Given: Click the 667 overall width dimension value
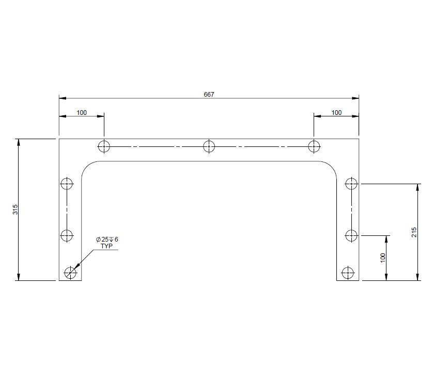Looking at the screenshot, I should pyautogui.click(x=209, y=94).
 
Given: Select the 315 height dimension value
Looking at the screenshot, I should pyautogui.click(x=15, y=210).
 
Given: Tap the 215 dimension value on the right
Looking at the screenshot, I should pyautogui.click(x=414, y=232).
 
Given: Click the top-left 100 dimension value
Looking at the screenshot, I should pyautogui.click(x=82, y=112).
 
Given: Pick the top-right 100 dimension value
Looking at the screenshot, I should pyautogui.click(x=336, y=112).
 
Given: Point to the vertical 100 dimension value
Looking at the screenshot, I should pyautogui.click(x=383, y=257).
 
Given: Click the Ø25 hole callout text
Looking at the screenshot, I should pyautogui.click(x=107, y=240).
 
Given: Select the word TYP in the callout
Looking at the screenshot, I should pyautogui.click(x=106, y=246).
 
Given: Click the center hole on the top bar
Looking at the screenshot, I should pyautogui.click(x=209, y=146).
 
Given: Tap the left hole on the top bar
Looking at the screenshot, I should pyautogui.click(x=104, y=146).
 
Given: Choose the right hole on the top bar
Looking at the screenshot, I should pyautogui.click(x=314, y=146).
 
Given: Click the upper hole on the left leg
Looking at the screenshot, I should pyautogui.click(x=67, y=184).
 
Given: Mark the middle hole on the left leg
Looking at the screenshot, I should pyautogui.click(x=67, y=236).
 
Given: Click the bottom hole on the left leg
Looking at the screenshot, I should pyautogui.click(x=70, y=272).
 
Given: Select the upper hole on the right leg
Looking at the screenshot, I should pyautogui.click(x=351, y=184).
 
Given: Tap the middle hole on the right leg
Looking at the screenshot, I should pyautogui.click(x=351, y=236).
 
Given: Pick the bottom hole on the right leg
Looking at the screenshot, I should pyautogui.click(x=348, y=272).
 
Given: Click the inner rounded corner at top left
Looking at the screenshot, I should pyautogui.click(x=87, y=167).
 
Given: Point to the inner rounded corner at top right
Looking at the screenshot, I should pyautogui.click(x=331, y=167).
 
